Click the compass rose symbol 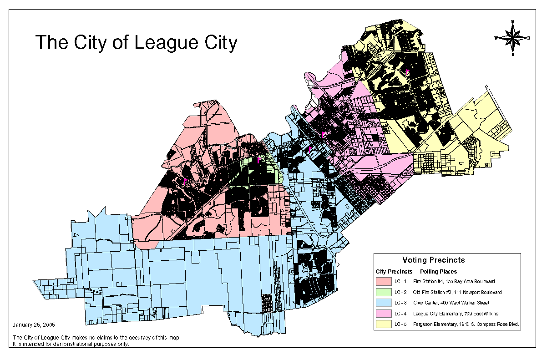tap(513, 38)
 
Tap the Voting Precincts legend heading tap(433, 260)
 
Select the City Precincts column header tap(394, 271)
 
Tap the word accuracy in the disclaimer tap(134, 338)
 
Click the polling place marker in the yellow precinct tap(408, 71)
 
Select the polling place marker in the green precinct tap(258, 160)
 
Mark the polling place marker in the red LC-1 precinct tap(186, 182)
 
